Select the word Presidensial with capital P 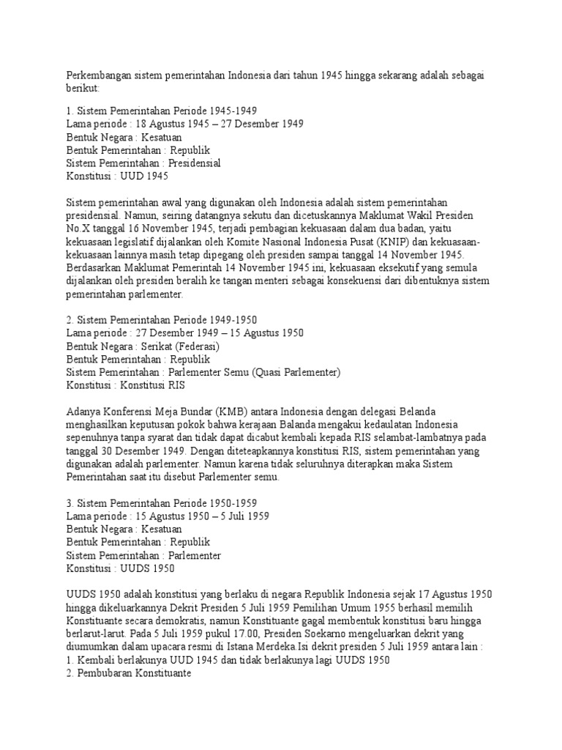(195, 163)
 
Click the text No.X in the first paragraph (78, 229)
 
